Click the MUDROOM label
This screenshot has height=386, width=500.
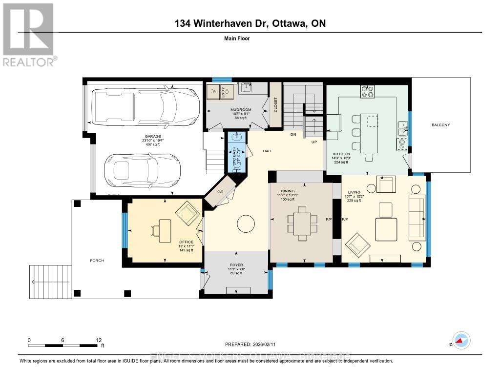tap(241, 110)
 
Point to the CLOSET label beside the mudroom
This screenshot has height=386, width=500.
tap(275, 105)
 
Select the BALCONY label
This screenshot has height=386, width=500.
tap(440, 125)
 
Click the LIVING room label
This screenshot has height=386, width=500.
tap(354, 192)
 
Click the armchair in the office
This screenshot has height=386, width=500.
tap(187, 213)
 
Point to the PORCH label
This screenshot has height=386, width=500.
tap(97, 261)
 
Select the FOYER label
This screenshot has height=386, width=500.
tap(236, 265)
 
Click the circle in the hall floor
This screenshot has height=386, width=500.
tap(246, 224)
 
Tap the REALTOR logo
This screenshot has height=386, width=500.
tap(29, 34)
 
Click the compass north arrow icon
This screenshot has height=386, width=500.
tap(460, 340)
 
